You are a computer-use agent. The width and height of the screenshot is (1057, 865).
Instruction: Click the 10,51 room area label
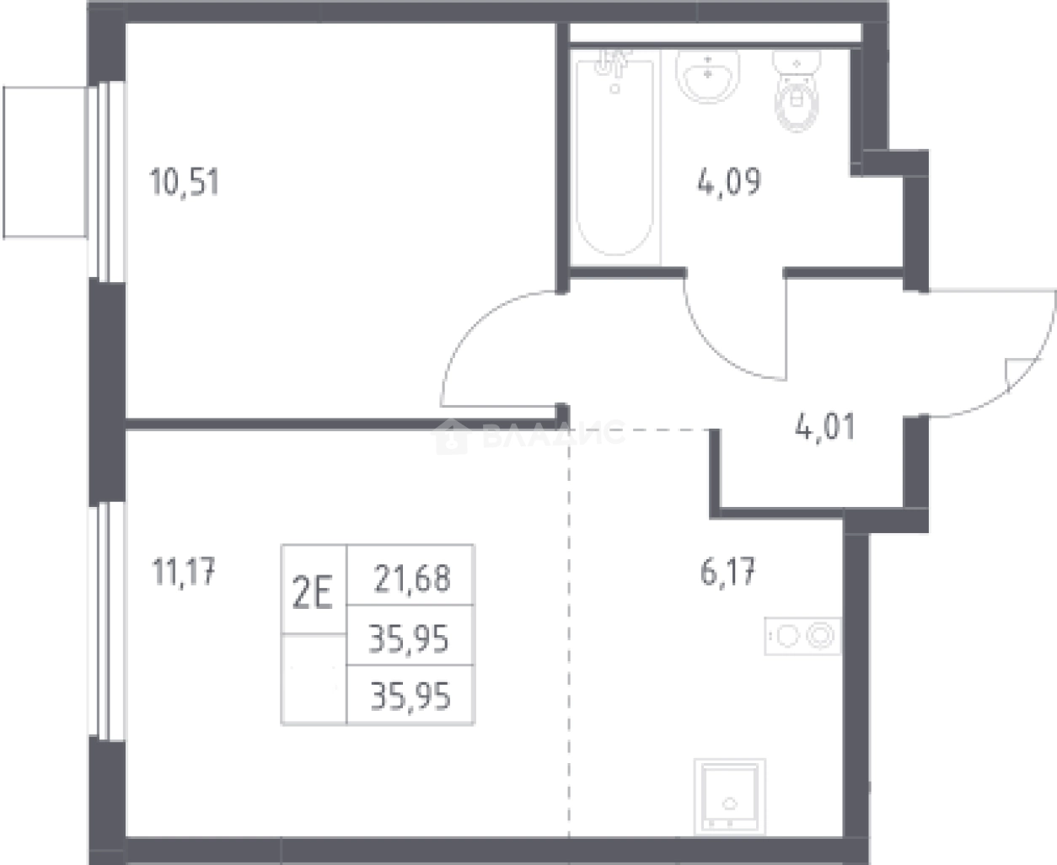point(185,182)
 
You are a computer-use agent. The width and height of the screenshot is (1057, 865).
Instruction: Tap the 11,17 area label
point(184,571)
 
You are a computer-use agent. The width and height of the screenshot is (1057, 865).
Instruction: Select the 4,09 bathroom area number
point(729,182)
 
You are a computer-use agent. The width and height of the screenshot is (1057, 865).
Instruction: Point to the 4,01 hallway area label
point(825,428)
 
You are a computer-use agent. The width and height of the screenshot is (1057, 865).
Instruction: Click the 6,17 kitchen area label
point(727,572)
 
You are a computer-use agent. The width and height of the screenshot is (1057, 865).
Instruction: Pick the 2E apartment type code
point(313,591)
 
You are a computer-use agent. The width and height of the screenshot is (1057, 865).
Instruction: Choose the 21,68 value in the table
point(412,578)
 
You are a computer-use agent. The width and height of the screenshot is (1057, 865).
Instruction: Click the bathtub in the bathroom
point(614,157)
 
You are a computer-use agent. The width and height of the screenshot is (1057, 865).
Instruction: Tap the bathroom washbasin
point(708,75)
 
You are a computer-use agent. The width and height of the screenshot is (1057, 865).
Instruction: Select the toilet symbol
point(797,91)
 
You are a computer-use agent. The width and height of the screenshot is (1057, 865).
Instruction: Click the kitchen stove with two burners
point(802,636)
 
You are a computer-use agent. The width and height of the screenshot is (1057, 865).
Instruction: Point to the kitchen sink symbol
point(730,797)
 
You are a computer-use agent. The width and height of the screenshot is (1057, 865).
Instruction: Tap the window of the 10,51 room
point(106,181)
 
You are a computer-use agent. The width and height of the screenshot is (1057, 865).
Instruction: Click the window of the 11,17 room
point(106,622)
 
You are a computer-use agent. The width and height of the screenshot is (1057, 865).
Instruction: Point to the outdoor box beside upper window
point(46,163)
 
